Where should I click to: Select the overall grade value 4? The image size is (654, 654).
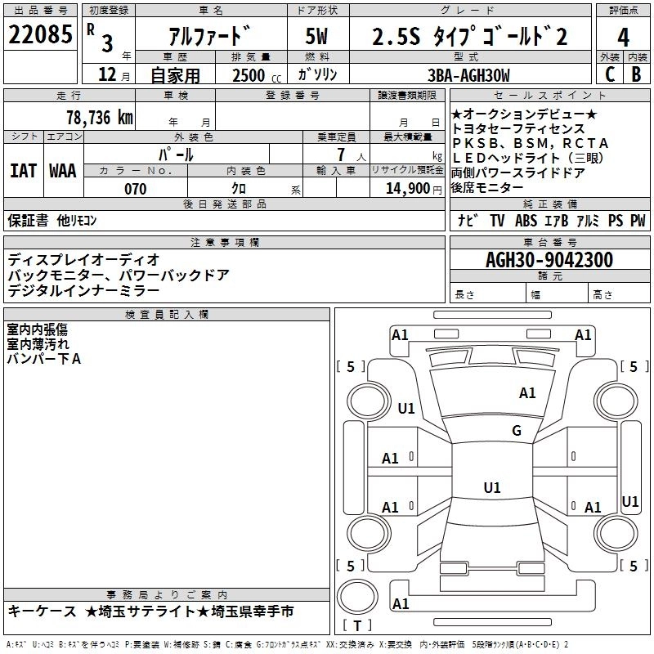click(624, 37)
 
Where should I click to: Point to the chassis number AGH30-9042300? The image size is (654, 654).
click(549, 260)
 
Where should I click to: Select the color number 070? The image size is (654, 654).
click(135, 189)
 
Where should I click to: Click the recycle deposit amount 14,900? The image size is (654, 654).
click(405, 189)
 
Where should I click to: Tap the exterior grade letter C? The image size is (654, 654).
click(609, 74)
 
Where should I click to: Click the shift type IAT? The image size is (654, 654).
click(23, 171)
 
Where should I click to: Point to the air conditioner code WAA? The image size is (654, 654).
click(63, 171)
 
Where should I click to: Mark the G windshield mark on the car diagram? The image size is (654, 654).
click(517, 431)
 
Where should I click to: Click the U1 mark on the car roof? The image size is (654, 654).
click(491, 488)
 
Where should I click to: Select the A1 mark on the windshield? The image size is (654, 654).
click(527, 393)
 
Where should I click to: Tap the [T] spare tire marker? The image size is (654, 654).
click(357, 625)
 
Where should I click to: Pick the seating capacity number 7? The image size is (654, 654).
click(338, 154)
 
